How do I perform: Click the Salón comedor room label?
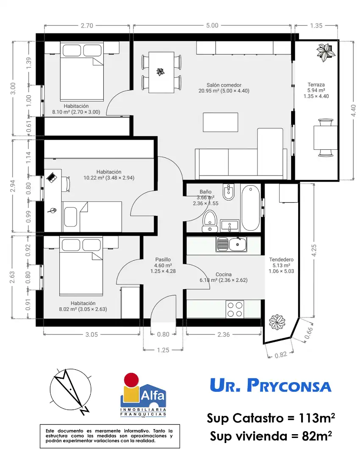point(224,85)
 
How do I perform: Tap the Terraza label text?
point(316,85)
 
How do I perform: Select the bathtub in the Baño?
point(251,208)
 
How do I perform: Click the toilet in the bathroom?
point(210,221)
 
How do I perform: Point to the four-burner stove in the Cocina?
point(235,309)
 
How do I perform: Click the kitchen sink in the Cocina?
point(231,244)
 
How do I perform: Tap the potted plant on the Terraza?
point(326,52)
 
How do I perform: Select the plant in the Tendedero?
point(277,322)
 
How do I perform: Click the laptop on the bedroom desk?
point(52,177)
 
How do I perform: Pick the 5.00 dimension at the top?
point(212,26)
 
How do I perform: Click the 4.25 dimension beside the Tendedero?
point(314,251)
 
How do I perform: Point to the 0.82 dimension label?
point(281,355)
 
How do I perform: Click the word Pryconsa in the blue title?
point(289,385)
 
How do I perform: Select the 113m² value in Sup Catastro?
point(317,418)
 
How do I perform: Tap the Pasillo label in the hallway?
point(163,259)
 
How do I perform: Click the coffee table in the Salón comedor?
point(220,122)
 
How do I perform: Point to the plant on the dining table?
point(161,72)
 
